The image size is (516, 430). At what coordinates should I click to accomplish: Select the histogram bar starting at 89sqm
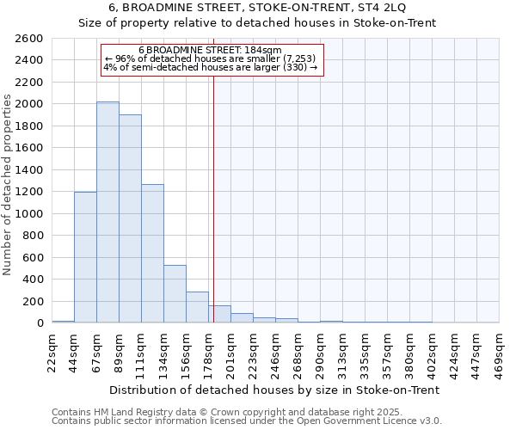tap(130, 218)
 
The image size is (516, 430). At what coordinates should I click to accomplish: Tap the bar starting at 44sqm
tap(85, 257)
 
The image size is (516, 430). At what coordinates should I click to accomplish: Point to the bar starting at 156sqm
tap(197, 307)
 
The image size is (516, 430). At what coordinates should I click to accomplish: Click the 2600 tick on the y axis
tap(29, 39)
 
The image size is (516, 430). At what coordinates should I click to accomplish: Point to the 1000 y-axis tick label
tap(29, 213)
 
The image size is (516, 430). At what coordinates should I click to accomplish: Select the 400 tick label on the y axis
tap(33, 279)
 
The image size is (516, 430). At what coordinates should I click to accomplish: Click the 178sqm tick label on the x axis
tap(209, 350)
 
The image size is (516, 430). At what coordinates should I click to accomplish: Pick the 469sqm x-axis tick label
tap(500, 350)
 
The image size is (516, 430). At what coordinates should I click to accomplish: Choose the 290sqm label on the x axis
tap(321, 350)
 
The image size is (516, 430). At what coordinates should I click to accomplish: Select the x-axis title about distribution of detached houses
tap(275, 390)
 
